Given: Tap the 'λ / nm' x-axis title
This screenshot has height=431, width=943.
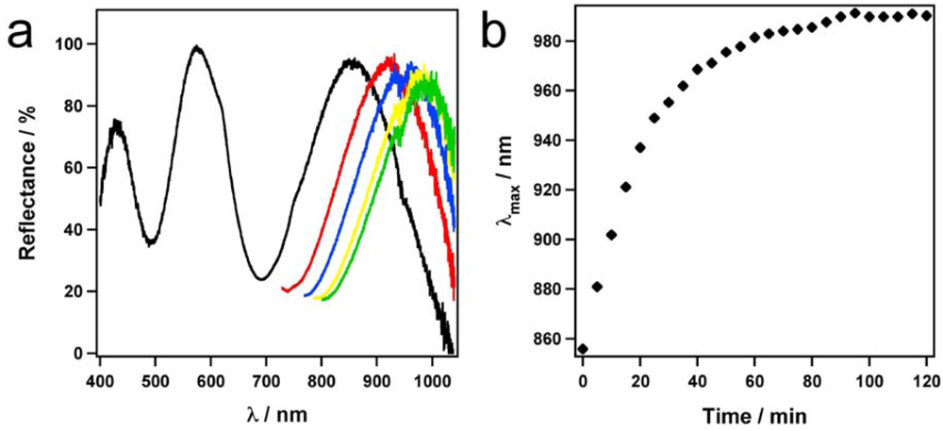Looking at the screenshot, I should tap(274, 412).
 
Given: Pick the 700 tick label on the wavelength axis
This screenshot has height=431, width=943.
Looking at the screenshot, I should tap(267, 381).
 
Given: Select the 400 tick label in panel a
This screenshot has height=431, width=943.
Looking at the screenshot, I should tap(100, 381).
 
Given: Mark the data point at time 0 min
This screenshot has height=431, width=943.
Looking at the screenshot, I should tap(583, 349).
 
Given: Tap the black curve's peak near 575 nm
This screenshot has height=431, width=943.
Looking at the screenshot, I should tap(196, 47).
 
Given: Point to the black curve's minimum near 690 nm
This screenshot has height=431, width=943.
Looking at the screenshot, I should tap(261, 278).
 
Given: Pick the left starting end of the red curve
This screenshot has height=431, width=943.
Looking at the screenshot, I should tap(284, 289).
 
